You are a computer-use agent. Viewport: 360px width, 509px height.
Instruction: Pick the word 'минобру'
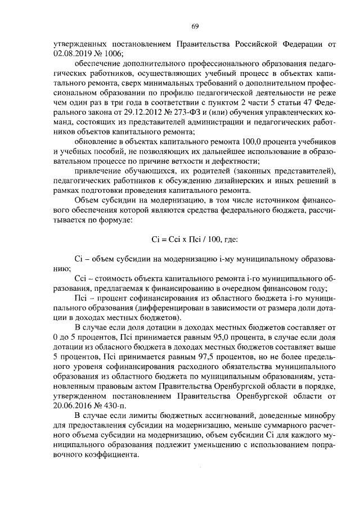(321, 415)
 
